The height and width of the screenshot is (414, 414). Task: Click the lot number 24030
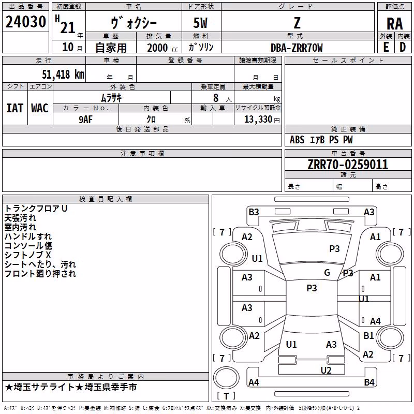tap(25, 22)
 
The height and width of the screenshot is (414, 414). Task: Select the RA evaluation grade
tap(395, 24)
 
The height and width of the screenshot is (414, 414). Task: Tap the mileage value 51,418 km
tap(63, 74)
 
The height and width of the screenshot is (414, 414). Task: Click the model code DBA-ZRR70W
tap(297, 48)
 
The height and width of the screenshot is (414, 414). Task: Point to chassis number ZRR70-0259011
tap(348, 165)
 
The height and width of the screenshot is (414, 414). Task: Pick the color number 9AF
tap(86, 120)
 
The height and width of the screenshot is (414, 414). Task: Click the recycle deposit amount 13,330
tap(258, 120)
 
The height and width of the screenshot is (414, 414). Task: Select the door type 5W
tap(200, 23)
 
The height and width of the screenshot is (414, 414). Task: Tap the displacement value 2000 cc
tap(162, 48)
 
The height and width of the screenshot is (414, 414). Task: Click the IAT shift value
tap(15, 108)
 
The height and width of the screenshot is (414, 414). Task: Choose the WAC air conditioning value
tap(40, 108)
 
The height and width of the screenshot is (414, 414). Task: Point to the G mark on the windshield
tap(327, 273)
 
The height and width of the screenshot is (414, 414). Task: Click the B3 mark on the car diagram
tap(254, 212)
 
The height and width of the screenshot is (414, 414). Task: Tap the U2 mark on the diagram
tap(326, 371)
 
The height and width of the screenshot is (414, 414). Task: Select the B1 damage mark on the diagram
tap(368, 335)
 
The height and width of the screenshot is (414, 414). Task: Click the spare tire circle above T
tap(226, 378)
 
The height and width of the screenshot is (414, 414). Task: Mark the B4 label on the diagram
tap(369, 382)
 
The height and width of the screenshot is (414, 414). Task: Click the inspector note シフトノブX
tap(27, 255)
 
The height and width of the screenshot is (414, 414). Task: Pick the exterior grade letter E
tap(386, 47)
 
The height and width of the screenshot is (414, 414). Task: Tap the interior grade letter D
tap(403, 47)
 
